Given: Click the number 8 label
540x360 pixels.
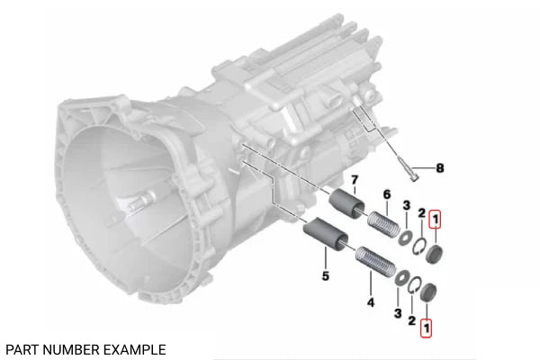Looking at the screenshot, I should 440,167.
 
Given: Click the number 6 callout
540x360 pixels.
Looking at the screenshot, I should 386,194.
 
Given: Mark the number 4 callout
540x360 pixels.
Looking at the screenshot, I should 370,303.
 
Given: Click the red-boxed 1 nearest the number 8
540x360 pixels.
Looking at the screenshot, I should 435,217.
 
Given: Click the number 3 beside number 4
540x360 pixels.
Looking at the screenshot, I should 398,313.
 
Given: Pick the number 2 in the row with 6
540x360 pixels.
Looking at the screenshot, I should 419,211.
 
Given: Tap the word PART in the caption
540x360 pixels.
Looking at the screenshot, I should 22,348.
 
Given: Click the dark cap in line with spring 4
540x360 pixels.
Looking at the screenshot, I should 428,292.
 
